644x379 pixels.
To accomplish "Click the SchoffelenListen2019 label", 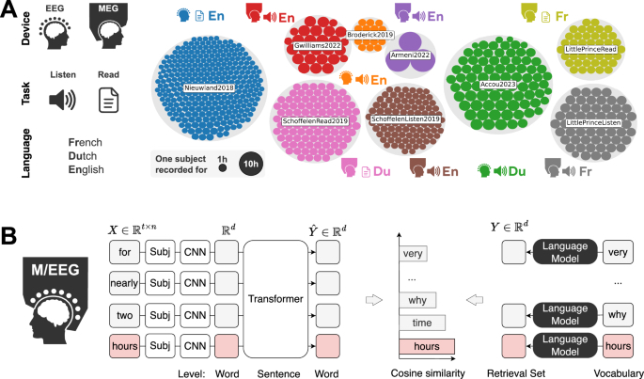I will (x=405, y=119).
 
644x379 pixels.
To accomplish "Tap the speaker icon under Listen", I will (x=63, y=100).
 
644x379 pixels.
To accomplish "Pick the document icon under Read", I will (x=108, y=100).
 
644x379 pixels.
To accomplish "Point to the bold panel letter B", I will (x=12, y=234).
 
